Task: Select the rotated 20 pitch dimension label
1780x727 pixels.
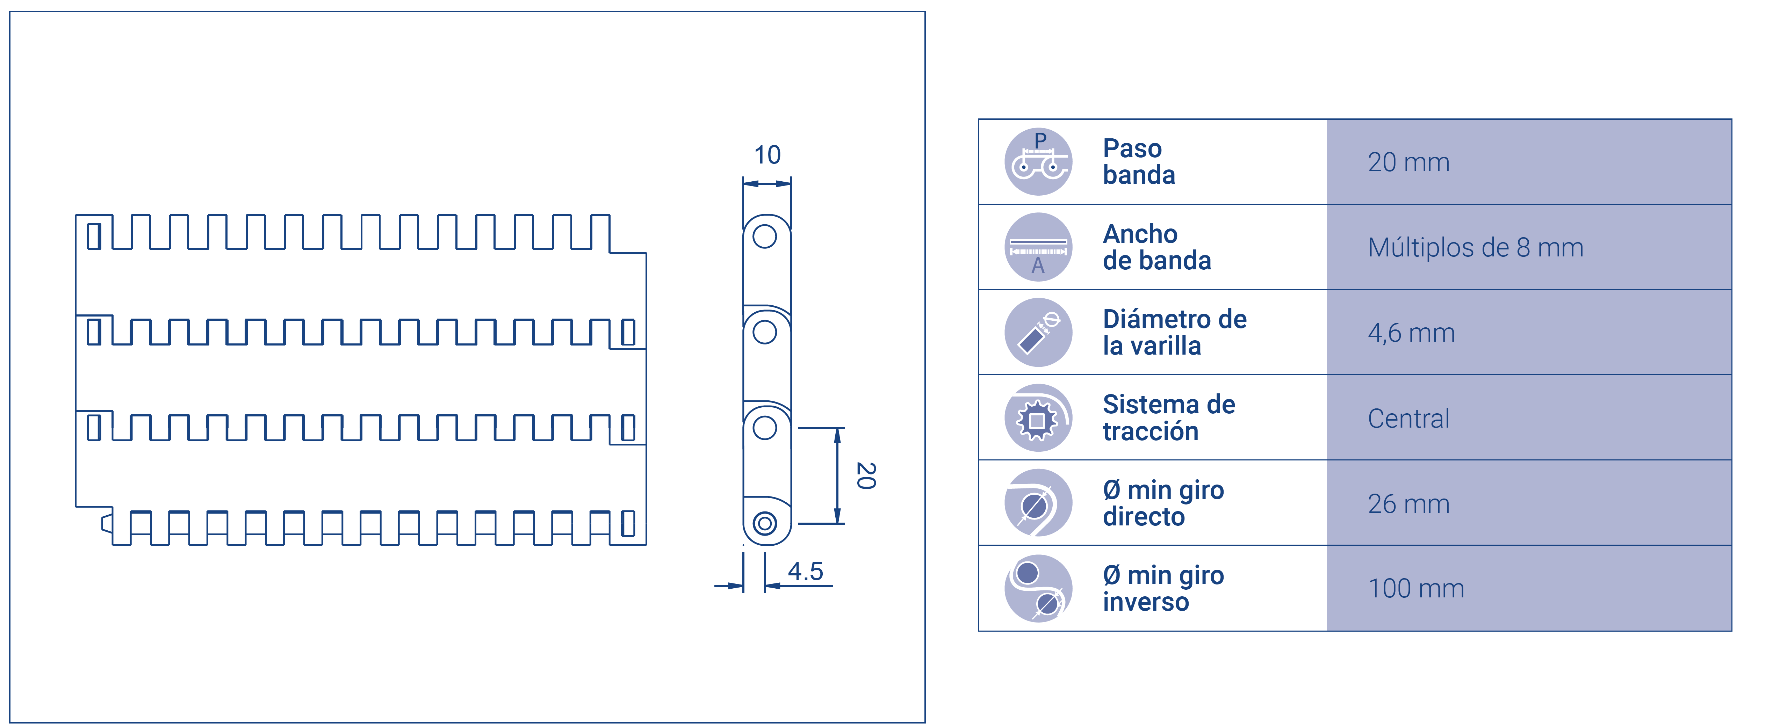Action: pyautogui.click(x=866, y=476)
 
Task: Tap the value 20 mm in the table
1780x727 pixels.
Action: pyautogui.click(x=1408, y=162)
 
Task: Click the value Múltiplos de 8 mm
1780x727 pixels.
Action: pyautogui.click(x=1475, y=247)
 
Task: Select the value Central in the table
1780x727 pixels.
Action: pyautogui.click(x=1408, y=419)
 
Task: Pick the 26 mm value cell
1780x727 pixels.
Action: pyautogui.click(x=1408, y=504)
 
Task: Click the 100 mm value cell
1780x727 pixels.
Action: pyautogui.click(x=1416, y=589)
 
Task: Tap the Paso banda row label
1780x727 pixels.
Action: pyautogui.click(x=1139, y=161)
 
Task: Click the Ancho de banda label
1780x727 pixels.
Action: pyautogui.click(x=1157, y=247)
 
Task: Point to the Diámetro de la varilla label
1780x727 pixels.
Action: pyautogui.click(x=1175, y=332)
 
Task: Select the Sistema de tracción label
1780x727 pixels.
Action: pyautogui.click(x=1168, y=418)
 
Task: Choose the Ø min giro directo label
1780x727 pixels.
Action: pyautogui.click(x=1163, y=503)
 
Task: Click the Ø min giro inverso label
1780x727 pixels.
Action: pyautogui.click(x=1163, y=588)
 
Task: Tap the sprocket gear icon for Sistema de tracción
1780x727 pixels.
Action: pyautogui.click(x=1038, y=419)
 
